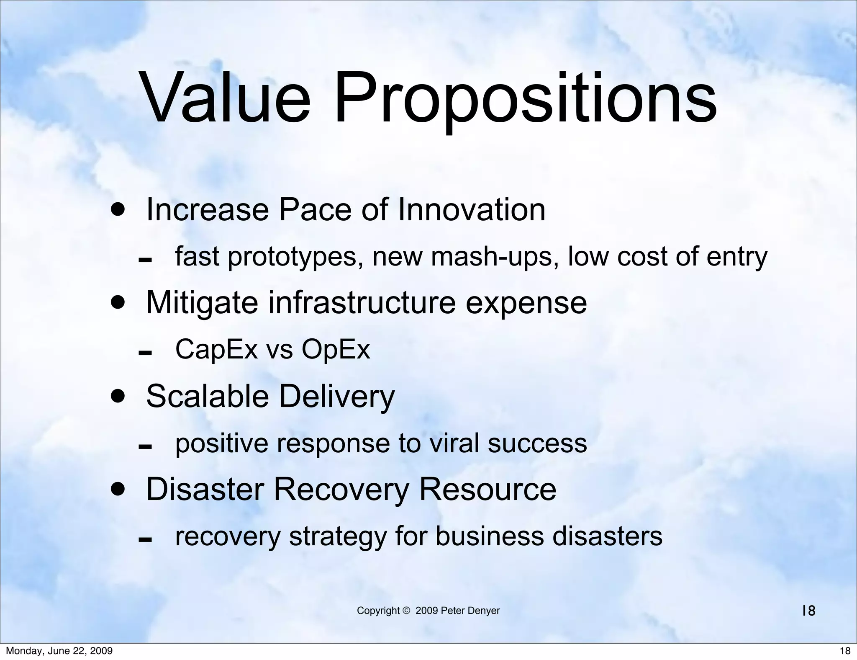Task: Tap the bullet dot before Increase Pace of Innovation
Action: (118, 209)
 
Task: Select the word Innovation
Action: (472, 209)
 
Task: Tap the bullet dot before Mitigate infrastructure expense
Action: (118, 302)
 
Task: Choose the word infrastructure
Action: (362, 302)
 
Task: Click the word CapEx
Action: (216, 349)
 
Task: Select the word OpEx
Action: (336, 349)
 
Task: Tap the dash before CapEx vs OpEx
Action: (145, 353)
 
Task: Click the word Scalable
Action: (207, 396)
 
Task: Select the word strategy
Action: (338, 537)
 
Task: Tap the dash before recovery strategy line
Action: (145, 540)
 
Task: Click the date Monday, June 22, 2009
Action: (59, 651)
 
